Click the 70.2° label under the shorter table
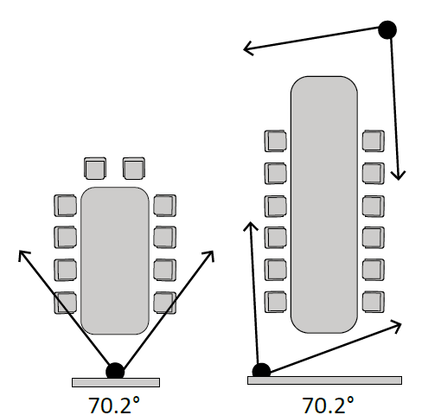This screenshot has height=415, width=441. (114, 405)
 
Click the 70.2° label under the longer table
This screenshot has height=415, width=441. (328, 405)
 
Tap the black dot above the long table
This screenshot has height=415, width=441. (387, 29)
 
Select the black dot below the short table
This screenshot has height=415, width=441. (115, 372)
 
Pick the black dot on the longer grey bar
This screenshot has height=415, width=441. (261, 372)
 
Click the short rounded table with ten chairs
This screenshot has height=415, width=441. (115, 261)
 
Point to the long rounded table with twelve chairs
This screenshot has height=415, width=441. (324, 205)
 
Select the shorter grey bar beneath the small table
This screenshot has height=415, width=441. (116, 382)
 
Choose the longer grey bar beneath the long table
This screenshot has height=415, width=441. (324, 380)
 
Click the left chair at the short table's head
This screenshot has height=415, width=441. (95, 169)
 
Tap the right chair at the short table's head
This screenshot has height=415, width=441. (134, 169)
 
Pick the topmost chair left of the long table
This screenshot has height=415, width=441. (276, 141)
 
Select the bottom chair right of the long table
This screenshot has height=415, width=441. (374, 302)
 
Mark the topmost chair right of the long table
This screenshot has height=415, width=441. (374, 141)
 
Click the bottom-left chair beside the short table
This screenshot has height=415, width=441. (66, 303)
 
